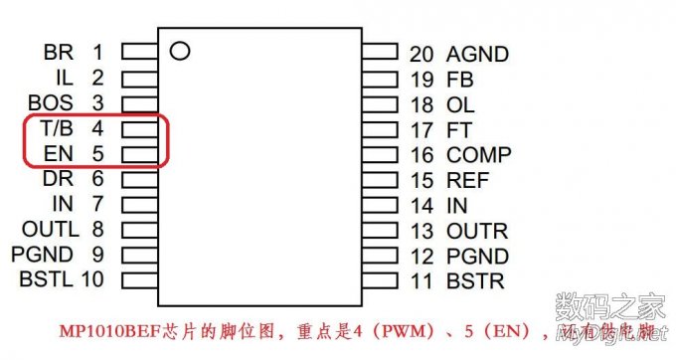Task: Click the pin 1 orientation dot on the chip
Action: point(179,51)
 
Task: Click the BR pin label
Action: point(59,52)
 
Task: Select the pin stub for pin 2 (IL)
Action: point(139,77)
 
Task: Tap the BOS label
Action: point(51,102)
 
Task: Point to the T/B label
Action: point(57,128)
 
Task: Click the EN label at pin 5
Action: point(59,154)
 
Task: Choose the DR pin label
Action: point(59,179)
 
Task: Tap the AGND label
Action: point(477,55)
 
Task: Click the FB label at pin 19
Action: point(459,80)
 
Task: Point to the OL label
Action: point(459,104)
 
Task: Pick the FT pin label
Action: point(458,129)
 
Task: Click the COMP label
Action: point(478,155)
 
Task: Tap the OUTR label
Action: point(476,232)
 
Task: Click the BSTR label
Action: point(475,281)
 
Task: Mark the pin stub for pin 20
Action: point(380,52)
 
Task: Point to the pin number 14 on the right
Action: point(422,206)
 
